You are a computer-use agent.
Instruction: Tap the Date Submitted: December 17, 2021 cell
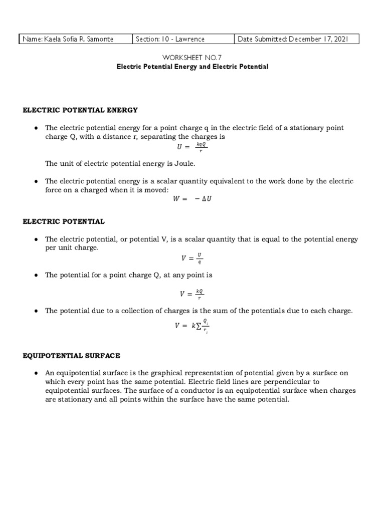296,39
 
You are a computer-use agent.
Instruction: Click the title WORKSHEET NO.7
192,58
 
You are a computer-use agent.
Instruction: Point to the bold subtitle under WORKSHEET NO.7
192,67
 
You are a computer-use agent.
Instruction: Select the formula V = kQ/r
192,294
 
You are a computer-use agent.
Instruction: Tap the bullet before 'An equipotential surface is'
36,374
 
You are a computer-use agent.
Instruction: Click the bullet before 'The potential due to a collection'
36,311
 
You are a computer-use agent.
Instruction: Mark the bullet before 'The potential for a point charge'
36,276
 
